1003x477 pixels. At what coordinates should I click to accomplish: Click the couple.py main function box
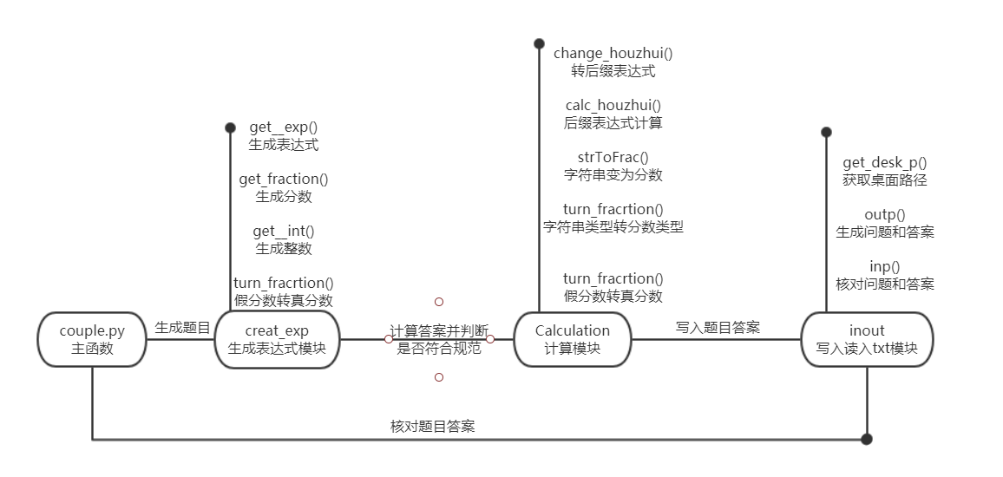(x=92, y=339)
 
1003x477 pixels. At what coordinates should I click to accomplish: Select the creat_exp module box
(x=277, y=339)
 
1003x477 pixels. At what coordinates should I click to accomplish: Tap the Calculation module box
(x=573, y=339)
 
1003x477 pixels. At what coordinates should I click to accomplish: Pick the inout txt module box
(x=867, y=339)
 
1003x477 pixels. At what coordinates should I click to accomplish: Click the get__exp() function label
(x=284, y=127)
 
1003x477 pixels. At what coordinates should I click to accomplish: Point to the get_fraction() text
(x=284, y=179)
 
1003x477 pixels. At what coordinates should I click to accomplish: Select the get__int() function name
(x=284, y=231)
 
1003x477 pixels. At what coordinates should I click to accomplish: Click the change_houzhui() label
(x=613, y=53)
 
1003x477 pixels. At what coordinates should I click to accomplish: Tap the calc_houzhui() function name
(x=613, y=105)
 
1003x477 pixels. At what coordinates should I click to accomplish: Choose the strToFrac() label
(x=613, y=157)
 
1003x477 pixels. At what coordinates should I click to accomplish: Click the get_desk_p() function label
(x=885, y=162)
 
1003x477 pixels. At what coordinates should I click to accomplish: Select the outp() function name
(x=885, y=214)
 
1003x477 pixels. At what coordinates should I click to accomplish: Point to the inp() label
(x=885, y=266)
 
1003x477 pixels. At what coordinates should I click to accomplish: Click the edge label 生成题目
(x=182, y=328)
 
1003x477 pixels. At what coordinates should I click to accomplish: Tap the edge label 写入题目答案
(x=718, y=327)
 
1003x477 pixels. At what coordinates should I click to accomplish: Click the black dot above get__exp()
(x=230, y=127)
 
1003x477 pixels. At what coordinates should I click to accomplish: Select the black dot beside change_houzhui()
(x=539, y=42)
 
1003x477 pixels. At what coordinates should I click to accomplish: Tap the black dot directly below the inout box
(x=867, y=439)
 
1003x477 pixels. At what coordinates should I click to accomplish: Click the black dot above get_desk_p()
(x=826, y=132)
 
